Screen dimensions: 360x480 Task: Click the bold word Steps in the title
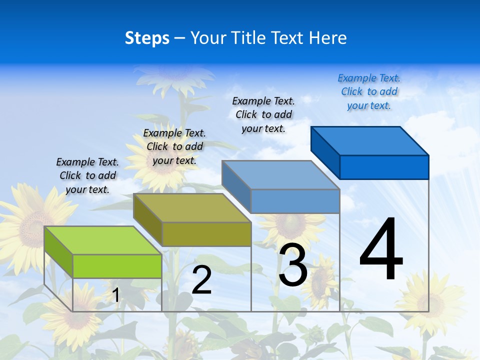(147, 38)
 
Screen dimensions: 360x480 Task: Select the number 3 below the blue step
(293, 265)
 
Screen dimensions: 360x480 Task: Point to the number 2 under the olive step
(201, 280)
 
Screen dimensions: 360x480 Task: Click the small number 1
(115, 295)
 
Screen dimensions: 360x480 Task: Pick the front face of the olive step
(206, 234)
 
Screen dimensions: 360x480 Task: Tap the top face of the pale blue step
(280, 175)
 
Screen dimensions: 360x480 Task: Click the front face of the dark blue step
(384, 167)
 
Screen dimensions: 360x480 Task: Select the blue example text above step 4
(369, 92)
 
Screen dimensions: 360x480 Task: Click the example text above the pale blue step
(263, 114)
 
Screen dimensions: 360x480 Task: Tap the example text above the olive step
(174, 146)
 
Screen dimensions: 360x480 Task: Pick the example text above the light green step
(87, 175)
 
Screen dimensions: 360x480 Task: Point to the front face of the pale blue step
(295, 201)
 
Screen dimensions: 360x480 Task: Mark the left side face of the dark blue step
(325, 150)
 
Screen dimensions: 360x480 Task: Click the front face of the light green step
(117, 266)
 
